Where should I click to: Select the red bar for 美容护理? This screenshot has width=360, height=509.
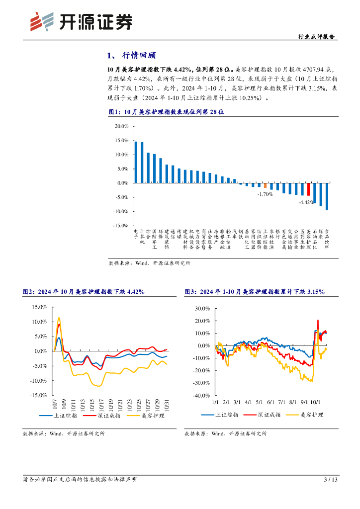[x=308, y=189]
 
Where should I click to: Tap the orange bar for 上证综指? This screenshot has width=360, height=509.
[x=265, y=185]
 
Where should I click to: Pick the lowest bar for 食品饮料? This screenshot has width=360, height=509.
[x=327, y=196]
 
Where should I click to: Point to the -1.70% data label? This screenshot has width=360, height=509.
[x=265, y=194]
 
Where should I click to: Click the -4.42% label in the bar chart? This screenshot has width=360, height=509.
[x=306, y=202]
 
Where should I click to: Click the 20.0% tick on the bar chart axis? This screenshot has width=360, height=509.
[x=121, y=126]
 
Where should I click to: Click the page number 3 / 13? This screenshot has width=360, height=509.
[x=331, y=480]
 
